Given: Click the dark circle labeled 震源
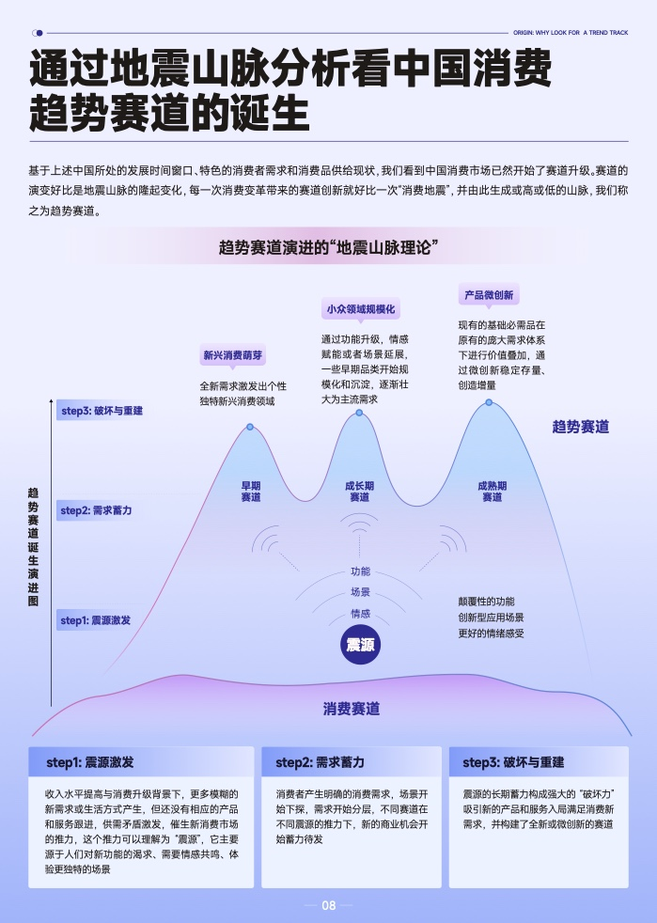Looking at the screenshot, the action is (x=360, y=645).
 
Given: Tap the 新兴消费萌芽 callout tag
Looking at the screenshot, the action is (x=232, y=355).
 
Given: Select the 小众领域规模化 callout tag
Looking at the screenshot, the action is (x=361, y=309).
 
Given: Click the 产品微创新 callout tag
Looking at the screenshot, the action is (x=489, y=295).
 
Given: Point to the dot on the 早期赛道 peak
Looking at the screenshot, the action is (x=250, y=427).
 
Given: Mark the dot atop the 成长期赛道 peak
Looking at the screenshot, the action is (x=359, y=414).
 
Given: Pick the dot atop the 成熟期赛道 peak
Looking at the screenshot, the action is (x=489, y=402).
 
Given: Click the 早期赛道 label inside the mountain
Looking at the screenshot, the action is (x=251, y=492).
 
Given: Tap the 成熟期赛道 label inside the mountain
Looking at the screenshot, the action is (x=493, y=492).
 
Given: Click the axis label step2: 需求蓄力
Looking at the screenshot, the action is (x=96, y=510).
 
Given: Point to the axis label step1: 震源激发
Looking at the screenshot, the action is (x=95, y=620).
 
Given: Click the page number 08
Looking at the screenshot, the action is (x=329, y=905).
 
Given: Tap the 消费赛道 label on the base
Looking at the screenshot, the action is (x=352, y=709).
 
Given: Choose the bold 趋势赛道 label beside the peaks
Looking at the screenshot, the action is (x=581, y=427).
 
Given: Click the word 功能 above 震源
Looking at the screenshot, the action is (x=360, y=571).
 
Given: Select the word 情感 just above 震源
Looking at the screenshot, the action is (x=360, y=614).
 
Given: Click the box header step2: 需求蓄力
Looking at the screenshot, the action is (x=320, y=762).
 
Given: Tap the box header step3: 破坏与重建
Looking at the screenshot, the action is (x=513, y=762).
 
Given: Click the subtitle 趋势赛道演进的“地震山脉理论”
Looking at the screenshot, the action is (x=329, y=247).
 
